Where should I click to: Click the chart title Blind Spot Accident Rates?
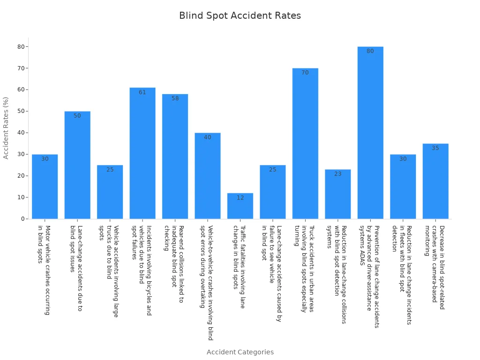point(240,16)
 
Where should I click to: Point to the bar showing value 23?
point(338,195)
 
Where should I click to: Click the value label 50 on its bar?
point(77,116)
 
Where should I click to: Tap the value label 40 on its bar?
point(208,137)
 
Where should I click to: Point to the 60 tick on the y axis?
point(21,90)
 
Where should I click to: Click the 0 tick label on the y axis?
point(22,219)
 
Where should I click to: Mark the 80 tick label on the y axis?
point(21,46)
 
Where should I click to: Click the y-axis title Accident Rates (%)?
point(6,128)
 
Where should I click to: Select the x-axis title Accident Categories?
point(240,352)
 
